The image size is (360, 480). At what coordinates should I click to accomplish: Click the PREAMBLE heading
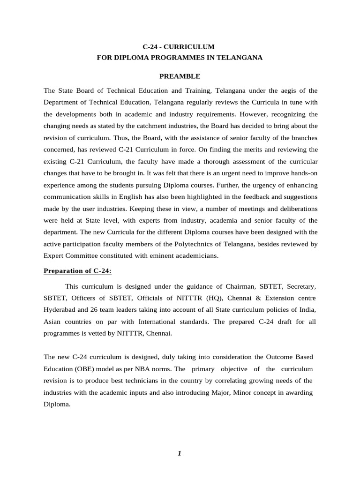pos(180,76)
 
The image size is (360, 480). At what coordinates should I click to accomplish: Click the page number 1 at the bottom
pos(180,453)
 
